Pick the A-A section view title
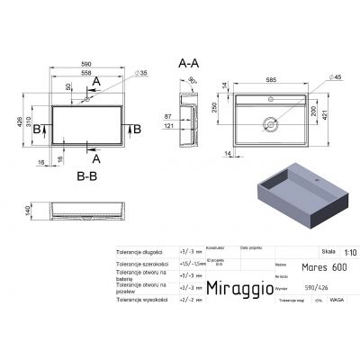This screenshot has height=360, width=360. coord(189,64)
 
